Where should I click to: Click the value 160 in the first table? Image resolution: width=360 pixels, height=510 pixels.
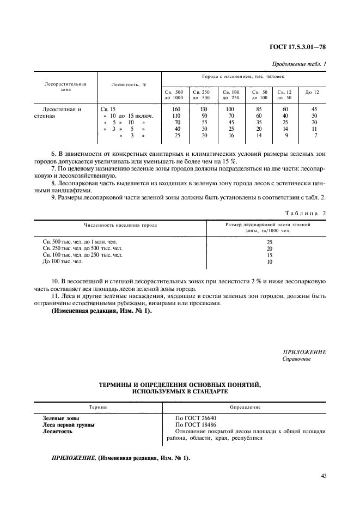175,109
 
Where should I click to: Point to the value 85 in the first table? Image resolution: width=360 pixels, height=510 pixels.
259,109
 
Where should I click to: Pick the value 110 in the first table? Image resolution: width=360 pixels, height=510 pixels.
175,116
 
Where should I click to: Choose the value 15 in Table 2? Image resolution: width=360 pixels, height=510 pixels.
269,254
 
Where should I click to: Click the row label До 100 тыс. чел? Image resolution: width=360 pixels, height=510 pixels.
63,262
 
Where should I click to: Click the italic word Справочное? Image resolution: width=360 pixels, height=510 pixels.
297,360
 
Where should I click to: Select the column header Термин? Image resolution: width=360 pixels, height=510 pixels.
98,407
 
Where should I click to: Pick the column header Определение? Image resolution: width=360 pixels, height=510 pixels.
245,407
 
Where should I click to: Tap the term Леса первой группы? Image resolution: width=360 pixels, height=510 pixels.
69,424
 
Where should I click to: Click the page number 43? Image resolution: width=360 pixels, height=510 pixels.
324,476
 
